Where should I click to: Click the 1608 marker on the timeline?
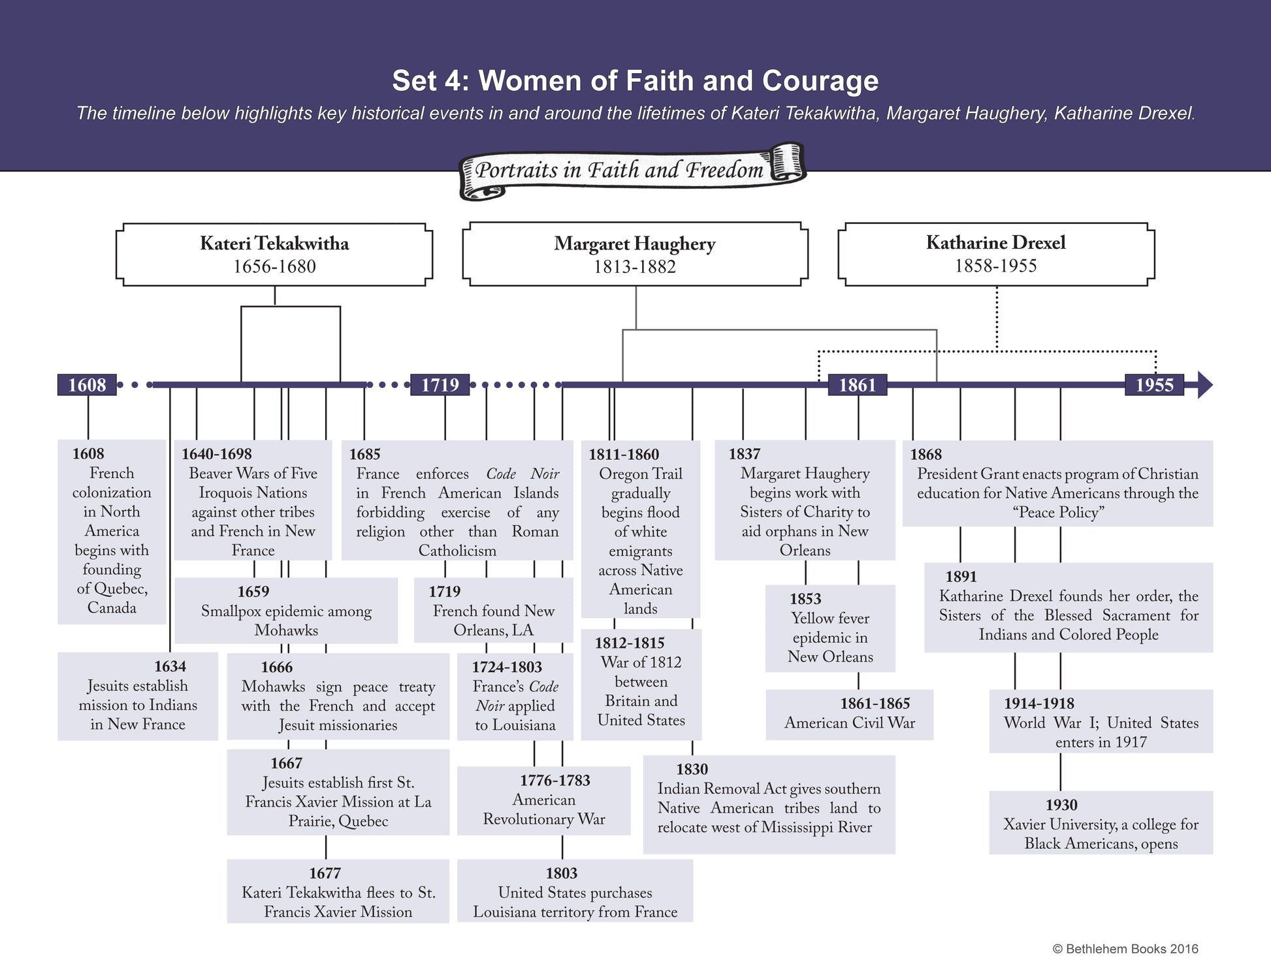[x=87, y=385]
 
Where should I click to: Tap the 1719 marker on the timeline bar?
[x=440, y=385]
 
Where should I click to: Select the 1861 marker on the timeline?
[x=857, y=385]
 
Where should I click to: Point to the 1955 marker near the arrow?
[x=1154, y=385]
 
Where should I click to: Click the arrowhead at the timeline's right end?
[x=1204, y=385]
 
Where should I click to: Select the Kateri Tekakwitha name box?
[x=274, y=255]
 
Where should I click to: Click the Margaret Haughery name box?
[x=635, y=255]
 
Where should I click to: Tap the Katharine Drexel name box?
[x=995, y=254]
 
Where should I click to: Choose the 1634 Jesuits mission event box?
[x=138, y=696]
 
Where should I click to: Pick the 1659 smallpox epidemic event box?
[x=286, y=611]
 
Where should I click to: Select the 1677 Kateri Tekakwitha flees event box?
[x=338, y=891]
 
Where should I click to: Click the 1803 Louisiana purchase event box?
[x=575, y=891]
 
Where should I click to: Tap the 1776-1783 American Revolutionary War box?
[x=543, y=801]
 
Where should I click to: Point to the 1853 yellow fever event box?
[x=829, y=628]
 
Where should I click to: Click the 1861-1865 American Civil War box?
[x=849, y=714]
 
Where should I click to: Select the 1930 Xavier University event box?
[x=1101, y=823]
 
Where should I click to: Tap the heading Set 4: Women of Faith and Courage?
[x=635, y=81]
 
